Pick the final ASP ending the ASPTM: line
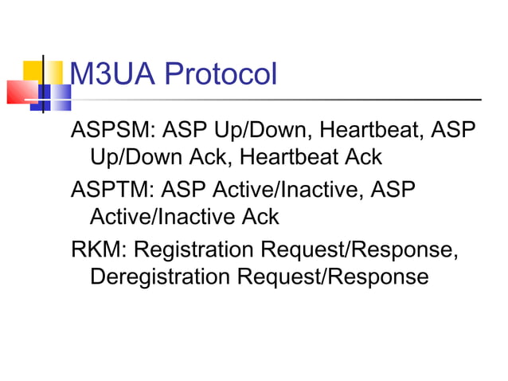(391, 189)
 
